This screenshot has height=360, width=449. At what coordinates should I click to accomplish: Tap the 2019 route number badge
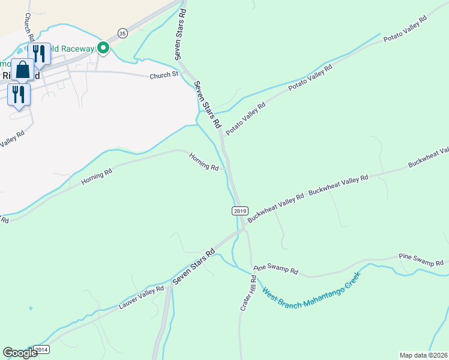pyautogui.click(x=240, y=211)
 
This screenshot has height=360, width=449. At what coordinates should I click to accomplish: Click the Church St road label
pyautogui.click(x=164, y=75)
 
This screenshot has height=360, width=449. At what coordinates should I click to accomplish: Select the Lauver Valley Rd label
pyautogui.click(x=142, y=298)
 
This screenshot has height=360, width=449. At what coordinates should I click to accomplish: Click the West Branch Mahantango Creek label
pyautogui.click(x=310, y=291)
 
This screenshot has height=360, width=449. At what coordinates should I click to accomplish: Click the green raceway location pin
pyautogui.click(x=103, y=47)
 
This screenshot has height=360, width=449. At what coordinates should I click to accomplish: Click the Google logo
pyautogui.click(x=20, y=353)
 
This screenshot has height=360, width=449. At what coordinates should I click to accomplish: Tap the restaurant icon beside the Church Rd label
pyautogui.click(x=39, y=53)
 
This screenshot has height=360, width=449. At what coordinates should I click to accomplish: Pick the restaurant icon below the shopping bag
pyautogui.click(x=19, y=94)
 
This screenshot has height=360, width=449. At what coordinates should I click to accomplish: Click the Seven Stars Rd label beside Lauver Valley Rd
pyautogui.click(x=194, y=267)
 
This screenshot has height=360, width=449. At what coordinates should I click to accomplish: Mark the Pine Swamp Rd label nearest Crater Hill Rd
pyautogui.click(x=276, y=270)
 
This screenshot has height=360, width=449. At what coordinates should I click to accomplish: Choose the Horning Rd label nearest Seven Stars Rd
pyautogui.click(x=203, y=161)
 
